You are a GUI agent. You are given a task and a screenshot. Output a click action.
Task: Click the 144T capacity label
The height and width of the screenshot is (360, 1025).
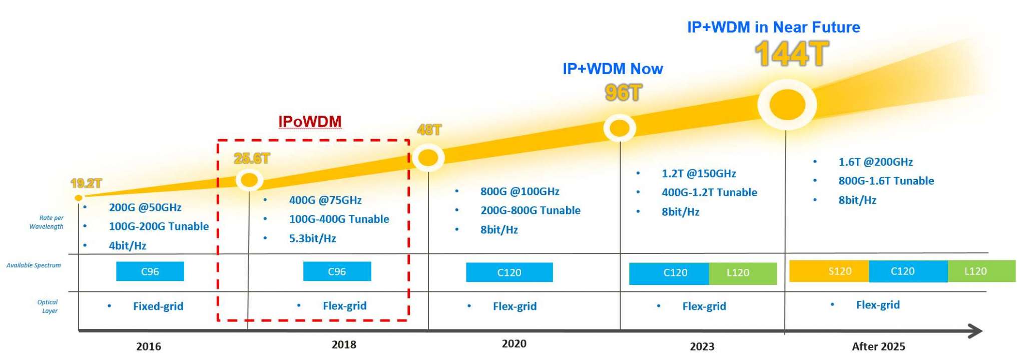click(791, 54)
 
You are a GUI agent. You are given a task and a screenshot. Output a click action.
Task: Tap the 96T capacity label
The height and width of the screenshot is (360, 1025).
click(623, 93)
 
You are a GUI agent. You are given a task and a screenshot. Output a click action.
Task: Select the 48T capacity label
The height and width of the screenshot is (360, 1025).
click(429, 130)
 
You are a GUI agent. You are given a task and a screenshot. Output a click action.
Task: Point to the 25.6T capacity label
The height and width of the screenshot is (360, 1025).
click(251, 159)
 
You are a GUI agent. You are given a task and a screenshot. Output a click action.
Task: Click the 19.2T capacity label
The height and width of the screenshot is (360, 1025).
click(86, 183)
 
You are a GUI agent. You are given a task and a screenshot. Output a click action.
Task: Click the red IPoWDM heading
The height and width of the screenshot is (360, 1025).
click(310, 122)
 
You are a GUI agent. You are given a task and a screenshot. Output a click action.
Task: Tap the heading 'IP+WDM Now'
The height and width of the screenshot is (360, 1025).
click(613, 69)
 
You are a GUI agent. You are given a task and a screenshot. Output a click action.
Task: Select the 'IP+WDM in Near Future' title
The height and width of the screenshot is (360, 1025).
click(773, 27)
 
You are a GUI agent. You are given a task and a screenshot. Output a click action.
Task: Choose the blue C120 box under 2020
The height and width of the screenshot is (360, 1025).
click(509, 272)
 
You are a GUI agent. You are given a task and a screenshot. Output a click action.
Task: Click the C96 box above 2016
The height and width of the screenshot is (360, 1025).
click(150, 271)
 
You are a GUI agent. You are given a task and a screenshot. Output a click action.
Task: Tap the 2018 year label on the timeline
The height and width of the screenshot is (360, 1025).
click(344, 344)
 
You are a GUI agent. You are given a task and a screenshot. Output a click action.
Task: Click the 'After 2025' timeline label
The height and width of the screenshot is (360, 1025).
click(878, 346)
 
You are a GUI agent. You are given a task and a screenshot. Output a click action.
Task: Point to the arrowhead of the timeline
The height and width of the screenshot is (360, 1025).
click(975, 331)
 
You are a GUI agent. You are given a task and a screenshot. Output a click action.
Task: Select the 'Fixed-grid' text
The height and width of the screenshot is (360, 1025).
click(158, 306)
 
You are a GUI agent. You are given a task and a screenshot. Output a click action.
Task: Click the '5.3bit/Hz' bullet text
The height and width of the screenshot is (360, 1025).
click(312, 238)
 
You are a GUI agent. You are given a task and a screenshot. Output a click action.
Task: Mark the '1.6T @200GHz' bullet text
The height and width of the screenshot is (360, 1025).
click(875, 162)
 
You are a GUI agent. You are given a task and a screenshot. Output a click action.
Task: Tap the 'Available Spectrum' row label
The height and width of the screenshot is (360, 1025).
click(34, 265)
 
